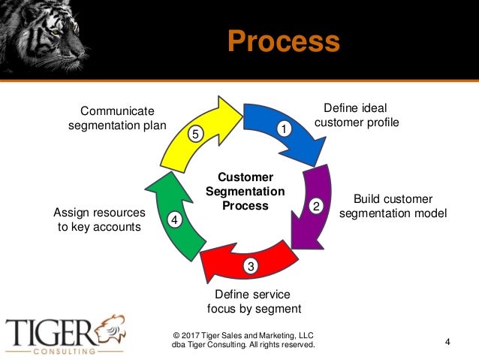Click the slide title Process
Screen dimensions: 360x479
284,41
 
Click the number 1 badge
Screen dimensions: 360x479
284,129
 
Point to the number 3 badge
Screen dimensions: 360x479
251,265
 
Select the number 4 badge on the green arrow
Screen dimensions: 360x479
174,221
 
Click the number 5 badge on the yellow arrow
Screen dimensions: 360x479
194,135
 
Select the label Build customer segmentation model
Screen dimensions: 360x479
393,207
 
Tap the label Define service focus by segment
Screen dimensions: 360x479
253,301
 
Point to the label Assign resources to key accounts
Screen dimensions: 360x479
99,219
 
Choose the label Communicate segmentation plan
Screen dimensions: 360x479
117,119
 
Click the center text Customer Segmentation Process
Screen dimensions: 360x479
240,192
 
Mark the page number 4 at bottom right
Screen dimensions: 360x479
447,343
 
